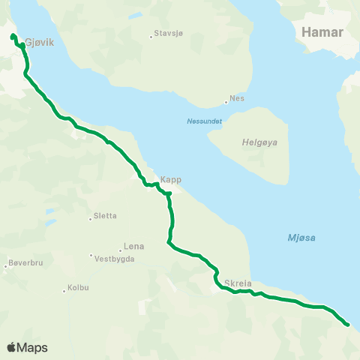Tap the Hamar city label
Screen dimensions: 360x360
coord(322,32)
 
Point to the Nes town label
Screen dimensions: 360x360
coord(238,98)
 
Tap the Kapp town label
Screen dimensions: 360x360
coord(171,180)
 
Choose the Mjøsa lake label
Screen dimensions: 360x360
coord(301,238)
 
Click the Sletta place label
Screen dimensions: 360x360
coord(105,217)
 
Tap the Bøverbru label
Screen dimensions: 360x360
coord(28,263)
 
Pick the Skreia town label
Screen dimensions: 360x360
coord(238,283)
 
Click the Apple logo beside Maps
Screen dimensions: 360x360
coord(12,347)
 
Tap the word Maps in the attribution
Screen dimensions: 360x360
coord(33,347)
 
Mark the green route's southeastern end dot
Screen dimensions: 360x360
coord(347,324)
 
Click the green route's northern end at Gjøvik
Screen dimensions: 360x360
coord(13,36)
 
